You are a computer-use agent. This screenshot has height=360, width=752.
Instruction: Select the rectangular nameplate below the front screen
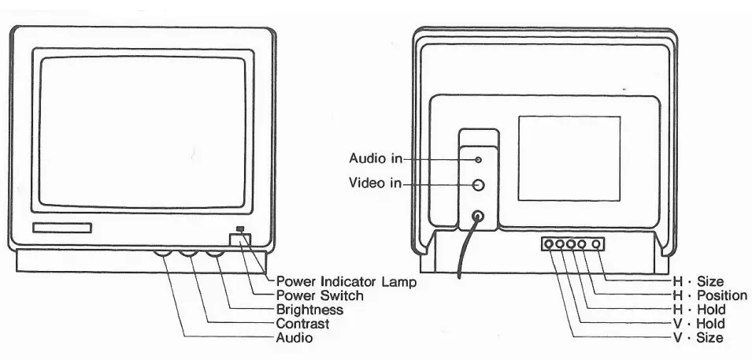point(62,228)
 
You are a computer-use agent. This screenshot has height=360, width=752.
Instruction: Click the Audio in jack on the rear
point(478,159)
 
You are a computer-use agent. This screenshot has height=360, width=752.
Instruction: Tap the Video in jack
point(478,184)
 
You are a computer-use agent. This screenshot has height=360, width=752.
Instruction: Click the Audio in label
point(374,159)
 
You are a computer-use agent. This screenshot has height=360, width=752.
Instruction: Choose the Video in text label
point(374,184)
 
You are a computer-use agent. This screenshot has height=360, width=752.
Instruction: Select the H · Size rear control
point(596,244)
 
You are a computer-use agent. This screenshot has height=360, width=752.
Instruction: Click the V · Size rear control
point(548,244)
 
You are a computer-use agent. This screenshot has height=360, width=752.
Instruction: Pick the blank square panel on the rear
point(569,158)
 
